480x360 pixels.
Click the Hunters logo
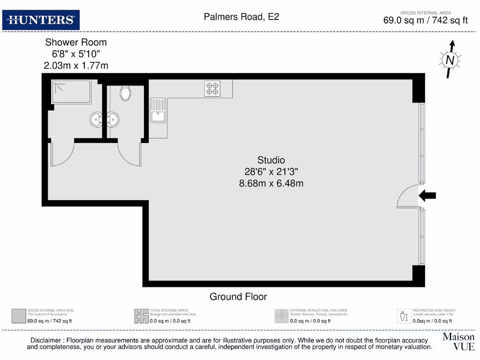click(41, 20)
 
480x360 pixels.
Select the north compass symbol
click(450, 60)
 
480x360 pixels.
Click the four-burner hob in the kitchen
click(212, 89)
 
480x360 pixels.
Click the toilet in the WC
click(125, 93)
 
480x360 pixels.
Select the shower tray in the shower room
click(71, 92)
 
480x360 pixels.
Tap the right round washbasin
click(113, 120)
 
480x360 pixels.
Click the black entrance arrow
click(427, 196)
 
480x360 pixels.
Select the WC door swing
click(129, 154)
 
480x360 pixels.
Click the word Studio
click(271, 160)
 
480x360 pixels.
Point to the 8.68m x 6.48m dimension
click(271, 183)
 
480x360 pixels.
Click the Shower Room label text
click(75, 43)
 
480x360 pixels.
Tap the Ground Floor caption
click(238, 297)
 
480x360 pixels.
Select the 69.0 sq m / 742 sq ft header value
click(426, 20)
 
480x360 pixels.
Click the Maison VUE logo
click(458, 342)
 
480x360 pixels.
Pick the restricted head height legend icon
click(404, 316)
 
